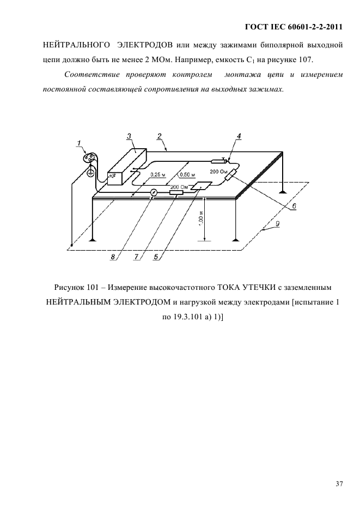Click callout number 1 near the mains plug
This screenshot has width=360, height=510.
click(x=80, y=143)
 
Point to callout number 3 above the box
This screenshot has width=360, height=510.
click(x=129, y=136)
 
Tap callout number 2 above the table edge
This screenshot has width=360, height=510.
click(x=159, y=136)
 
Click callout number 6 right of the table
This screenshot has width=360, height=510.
click(x=294, y=206)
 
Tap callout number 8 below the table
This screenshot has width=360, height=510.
click(x=113, y=257)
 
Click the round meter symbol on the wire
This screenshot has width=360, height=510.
click(x=154, y=192)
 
